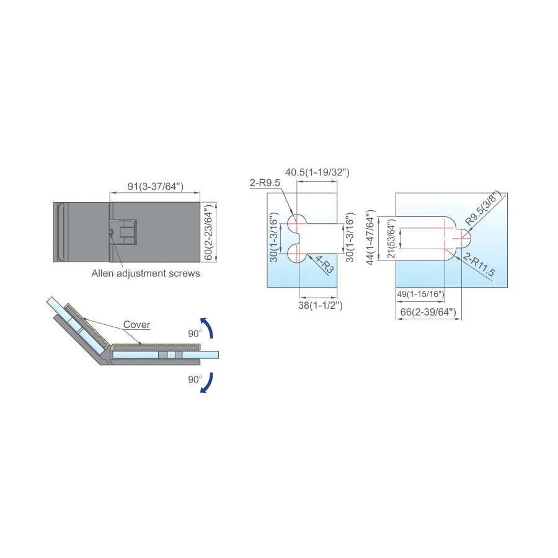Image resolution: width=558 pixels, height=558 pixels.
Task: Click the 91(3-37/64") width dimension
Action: [x=156, y=186]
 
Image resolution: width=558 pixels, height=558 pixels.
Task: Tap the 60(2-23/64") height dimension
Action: [x=209, y=232]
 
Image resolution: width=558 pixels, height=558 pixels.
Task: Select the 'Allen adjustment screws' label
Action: [x=146, y=273]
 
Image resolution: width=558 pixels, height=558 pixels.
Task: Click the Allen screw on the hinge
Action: [x=111, y=232]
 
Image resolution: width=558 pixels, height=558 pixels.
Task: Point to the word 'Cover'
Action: [x=136, y=324]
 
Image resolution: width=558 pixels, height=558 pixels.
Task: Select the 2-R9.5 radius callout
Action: [x=265, y=183]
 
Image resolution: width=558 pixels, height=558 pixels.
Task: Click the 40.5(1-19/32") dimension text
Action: [x=317, y=172]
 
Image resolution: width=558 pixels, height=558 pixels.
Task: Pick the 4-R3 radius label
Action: [x=324, y=264]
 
